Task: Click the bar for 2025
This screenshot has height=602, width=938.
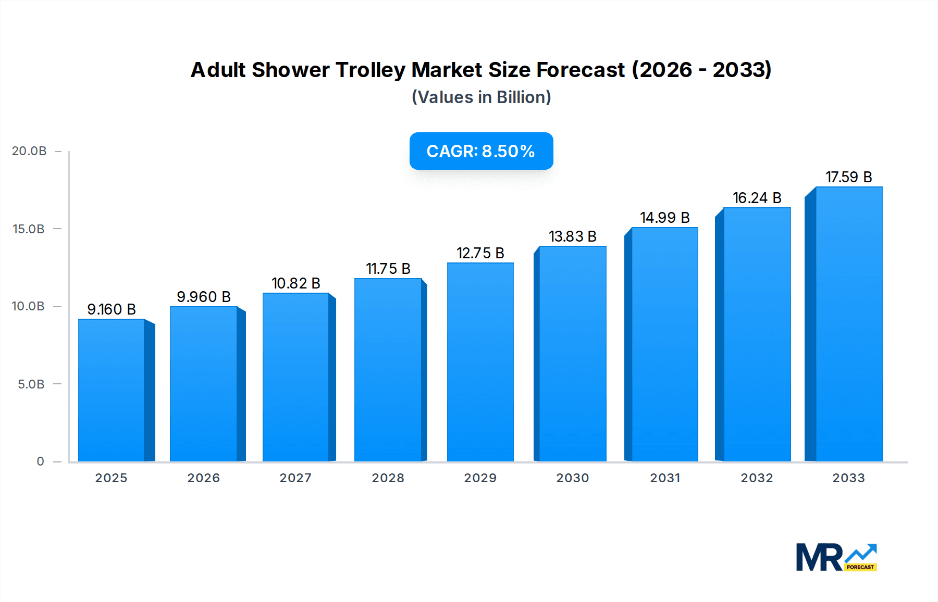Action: [x=112, y=391]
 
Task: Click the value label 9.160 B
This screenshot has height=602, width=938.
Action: [x=112, y=309]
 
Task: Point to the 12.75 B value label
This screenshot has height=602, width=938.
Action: [x=480, y=253]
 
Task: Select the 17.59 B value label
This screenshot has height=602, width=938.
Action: [x=848, y=177]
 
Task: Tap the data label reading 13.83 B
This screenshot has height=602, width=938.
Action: [x=572, y=236]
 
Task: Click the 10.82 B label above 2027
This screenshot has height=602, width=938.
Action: [x=295, y=283]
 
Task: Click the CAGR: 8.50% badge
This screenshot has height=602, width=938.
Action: [x=481, y=151]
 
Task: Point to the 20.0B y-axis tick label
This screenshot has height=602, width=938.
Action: [x=29, y=151]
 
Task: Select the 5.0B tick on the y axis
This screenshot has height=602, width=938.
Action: [x=31, y=384]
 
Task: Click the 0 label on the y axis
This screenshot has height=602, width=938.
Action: [x=40, y=461]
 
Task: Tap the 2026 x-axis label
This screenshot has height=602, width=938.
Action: [x=203, y=478]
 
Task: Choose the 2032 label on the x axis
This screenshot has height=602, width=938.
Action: [x=757, y=478]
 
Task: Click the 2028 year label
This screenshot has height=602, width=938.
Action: [x=388, y=478]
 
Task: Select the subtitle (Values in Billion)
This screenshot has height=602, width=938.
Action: [x=481, y=97]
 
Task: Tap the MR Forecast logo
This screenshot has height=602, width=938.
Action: [x=836, y=557]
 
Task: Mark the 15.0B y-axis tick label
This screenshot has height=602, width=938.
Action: [x=29, y=229]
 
